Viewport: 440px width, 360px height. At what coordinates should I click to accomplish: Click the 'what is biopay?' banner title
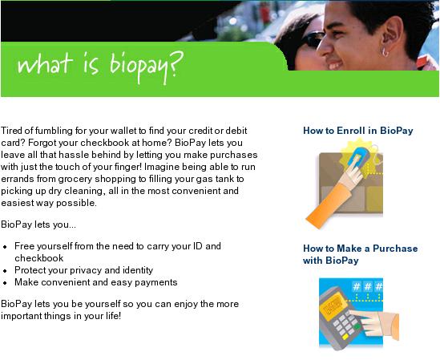(100, 67)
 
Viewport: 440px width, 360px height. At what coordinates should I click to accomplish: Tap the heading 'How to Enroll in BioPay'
(358, 131)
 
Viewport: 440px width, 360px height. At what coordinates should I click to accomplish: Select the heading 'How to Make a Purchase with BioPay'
(361, 254)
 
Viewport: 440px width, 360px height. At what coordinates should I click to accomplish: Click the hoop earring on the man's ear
(385, 52)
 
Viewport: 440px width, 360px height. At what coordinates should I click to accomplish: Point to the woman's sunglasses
(313, 39)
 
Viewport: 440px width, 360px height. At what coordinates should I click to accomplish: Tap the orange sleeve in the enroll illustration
(329, 205)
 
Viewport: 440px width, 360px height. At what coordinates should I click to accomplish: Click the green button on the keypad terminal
(357, 326)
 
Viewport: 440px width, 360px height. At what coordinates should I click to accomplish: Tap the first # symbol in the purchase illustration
(357, 287)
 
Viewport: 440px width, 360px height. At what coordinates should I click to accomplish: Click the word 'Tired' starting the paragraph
(11, 131)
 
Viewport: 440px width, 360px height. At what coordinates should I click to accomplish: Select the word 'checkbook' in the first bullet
(39, 258)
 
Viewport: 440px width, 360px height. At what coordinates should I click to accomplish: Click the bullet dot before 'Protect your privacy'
(5, 271)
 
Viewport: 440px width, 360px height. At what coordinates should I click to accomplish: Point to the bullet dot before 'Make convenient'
(5, 283)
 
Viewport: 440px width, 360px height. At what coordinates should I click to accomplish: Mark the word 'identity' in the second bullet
(138, 270)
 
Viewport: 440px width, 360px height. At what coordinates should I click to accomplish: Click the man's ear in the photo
(388, 35)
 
